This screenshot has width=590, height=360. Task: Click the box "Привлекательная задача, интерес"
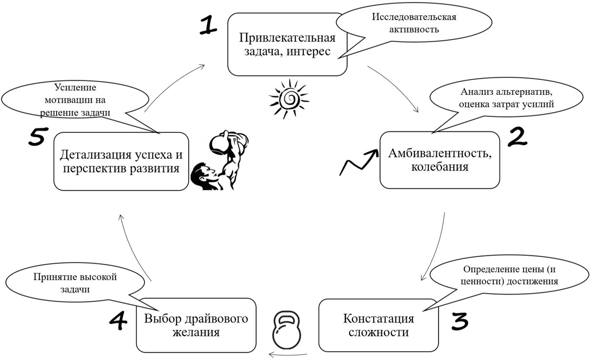click(x=287, y=45)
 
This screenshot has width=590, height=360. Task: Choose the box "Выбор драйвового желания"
click(x=196, y=325)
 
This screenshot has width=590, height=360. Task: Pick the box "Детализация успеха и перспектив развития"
click(x=121, y=161)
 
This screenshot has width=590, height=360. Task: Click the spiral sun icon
click(x=289, y=99)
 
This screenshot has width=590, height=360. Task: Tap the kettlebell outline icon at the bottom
click(x=286, y=329)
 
